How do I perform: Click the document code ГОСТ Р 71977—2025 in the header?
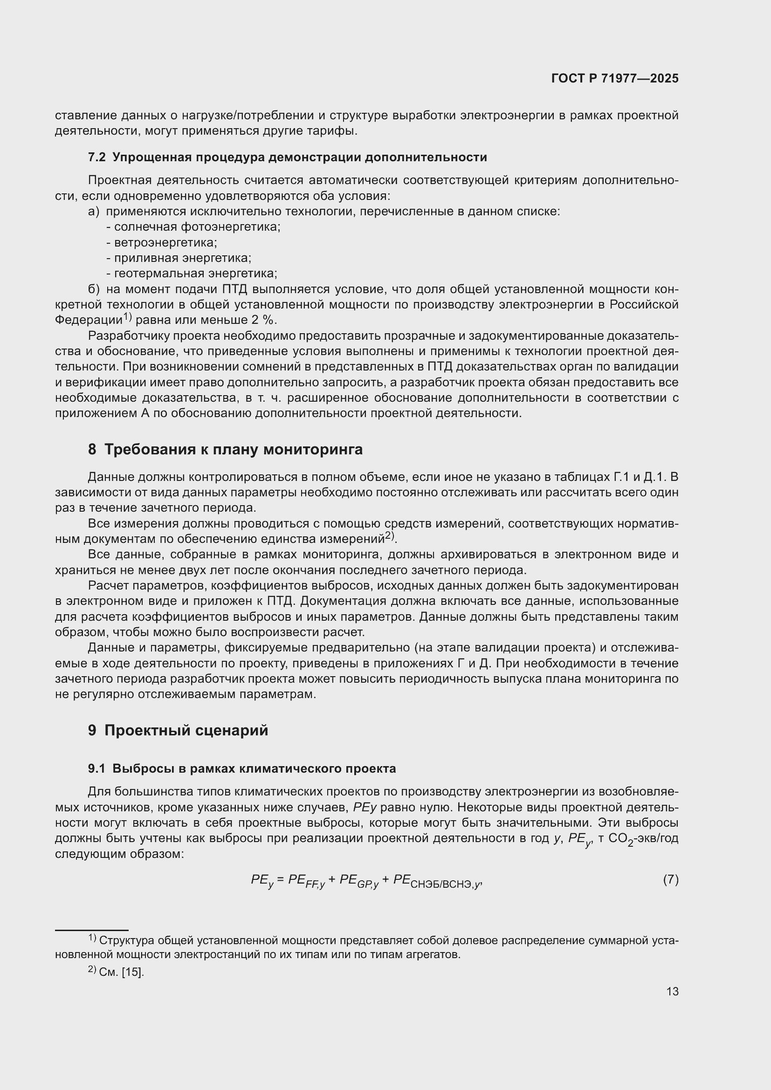[615, 78]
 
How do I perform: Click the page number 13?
[672, 991]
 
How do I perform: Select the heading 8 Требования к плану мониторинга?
[225, 449]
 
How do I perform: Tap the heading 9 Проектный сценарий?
[178, 730]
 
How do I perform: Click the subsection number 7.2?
[97, 157]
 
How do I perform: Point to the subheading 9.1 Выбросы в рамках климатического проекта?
[241, 768]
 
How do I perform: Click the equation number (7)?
[670, 880]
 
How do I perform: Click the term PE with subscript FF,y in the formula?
[306, 881]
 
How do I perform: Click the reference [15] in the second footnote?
[132, 972]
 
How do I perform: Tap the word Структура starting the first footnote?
[126, 940]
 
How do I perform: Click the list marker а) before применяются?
[94, 211]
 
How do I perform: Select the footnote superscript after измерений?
[389, 535]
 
